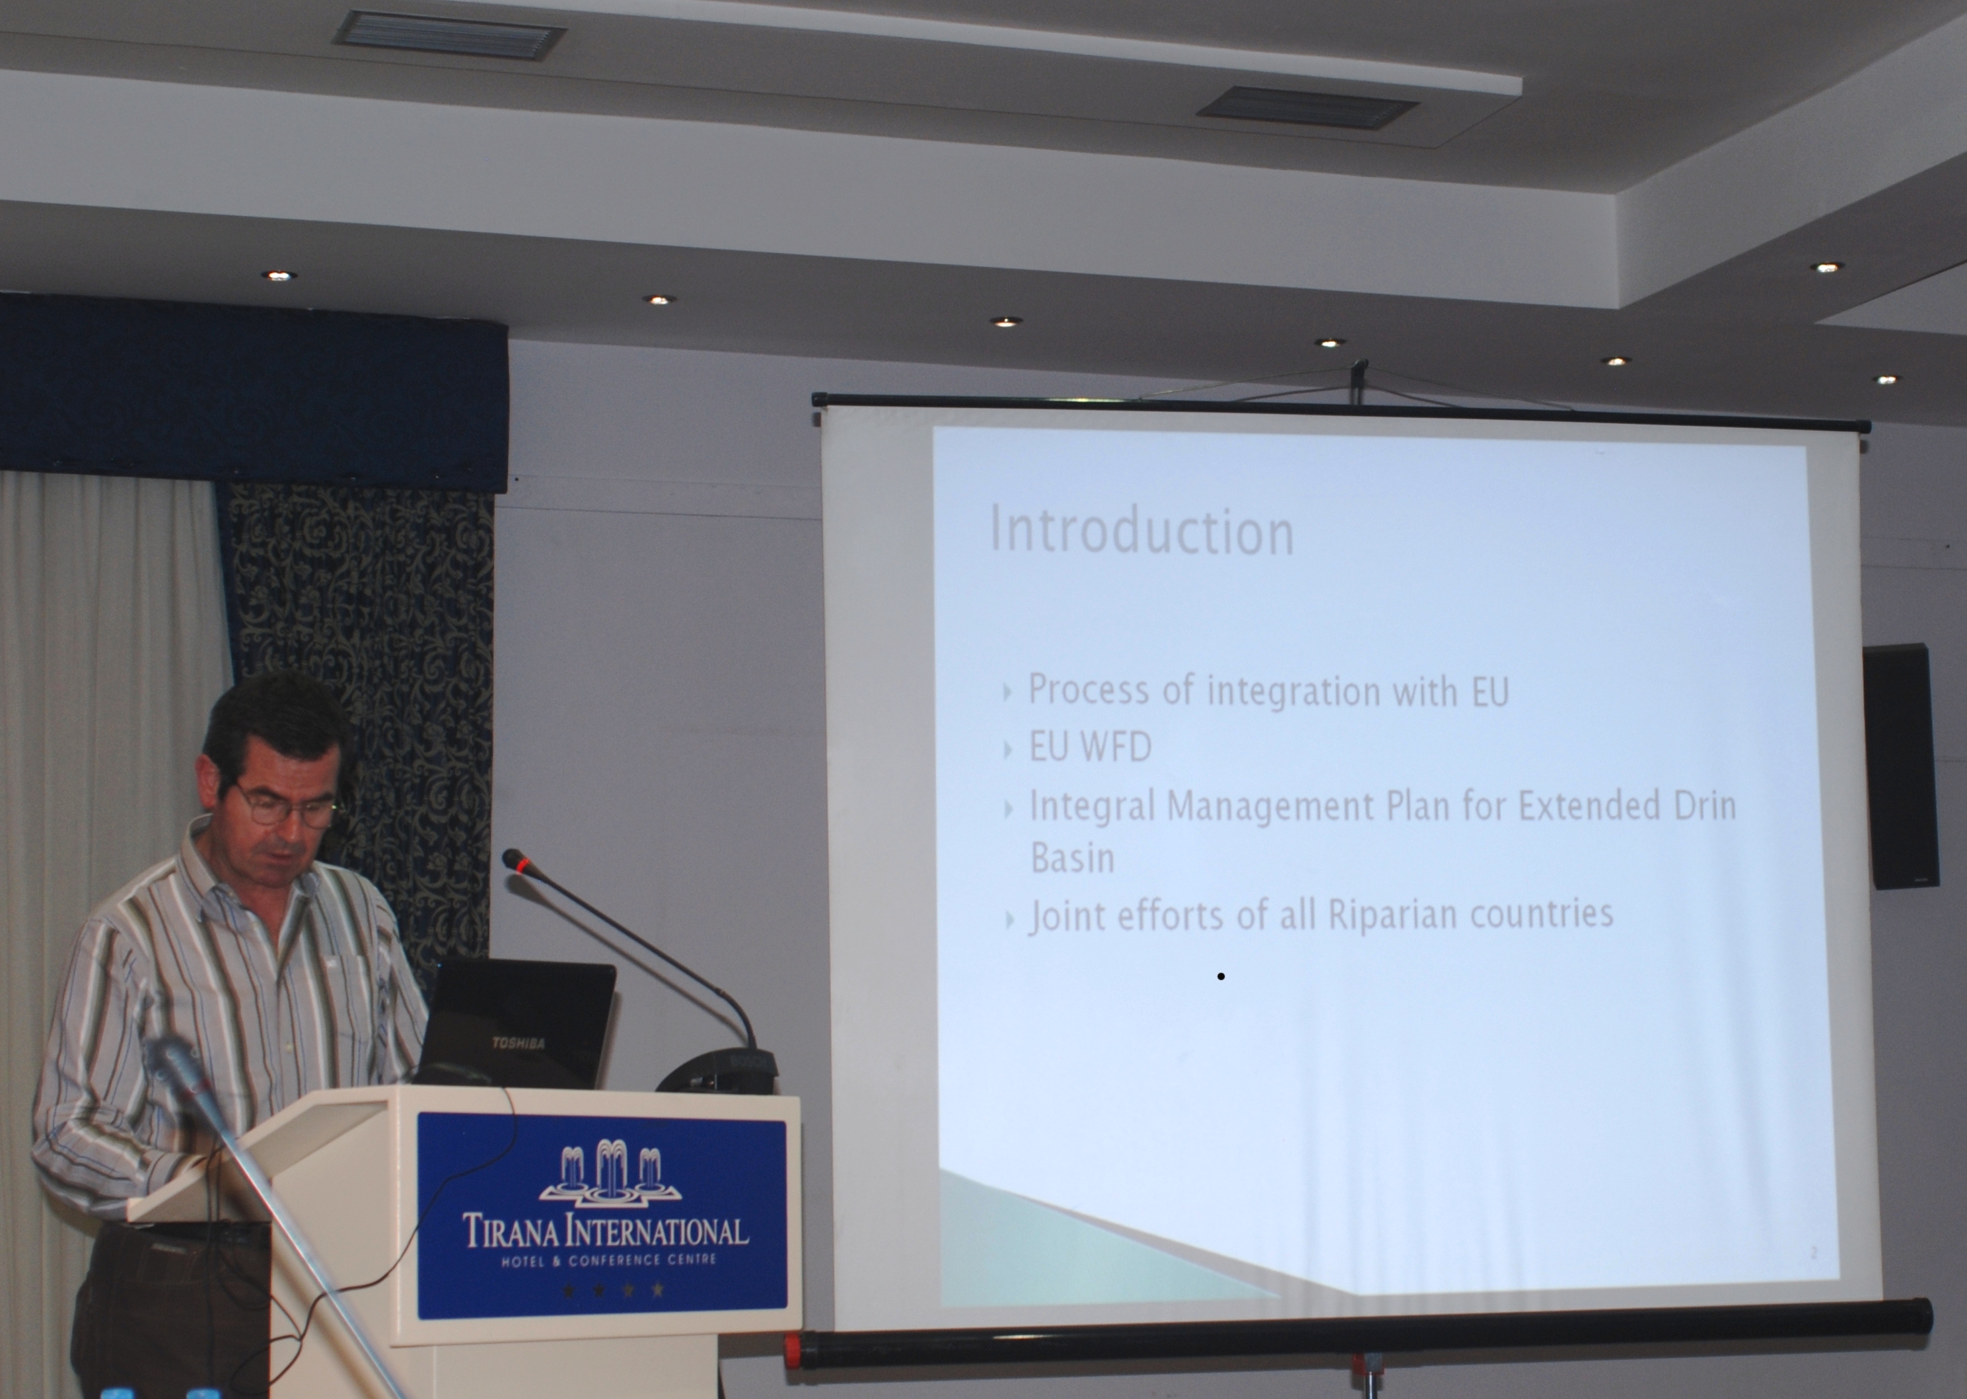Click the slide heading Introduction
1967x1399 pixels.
pyautogui.click(x=1141, y=529)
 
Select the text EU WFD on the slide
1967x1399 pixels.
pyautogui.click(x=1090, y=747)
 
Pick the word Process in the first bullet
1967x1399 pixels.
pyautogui.click(x=1087, y=690)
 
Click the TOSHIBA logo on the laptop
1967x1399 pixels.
pyautogui.click(x=518, y=1043)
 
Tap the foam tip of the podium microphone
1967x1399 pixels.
pyautogui.click(x=515, y=859)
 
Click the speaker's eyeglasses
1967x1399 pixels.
pyautogui.click(x=286, y=805)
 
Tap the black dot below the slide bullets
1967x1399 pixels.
pyautogui.click(x=1221, y=976)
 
